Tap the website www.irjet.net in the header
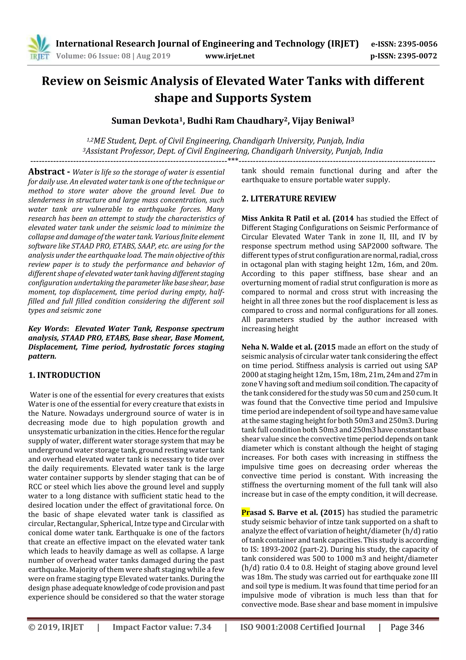click(230, 56)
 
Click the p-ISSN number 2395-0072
click(417, 56)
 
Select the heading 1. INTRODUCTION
click(64, 375)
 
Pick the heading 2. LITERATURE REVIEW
click(289, 199)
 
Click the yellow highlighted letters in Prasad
click(246, 513)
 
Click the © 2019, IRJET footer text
click(56, 627)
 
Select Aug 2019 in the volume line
click(153, 56)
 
